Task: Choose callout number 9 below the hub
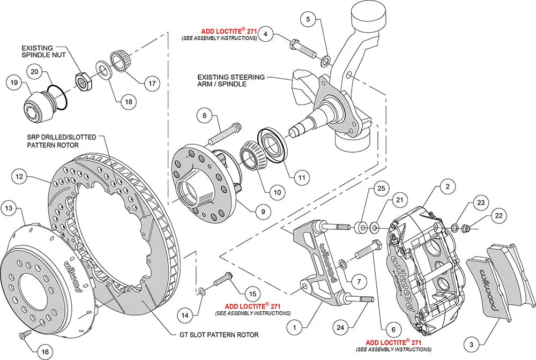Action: point(263,212)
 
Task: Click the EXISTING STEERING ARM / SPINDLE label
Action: point(231,80)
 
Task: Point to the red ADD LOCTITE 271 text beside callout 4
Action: point(229,31)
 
